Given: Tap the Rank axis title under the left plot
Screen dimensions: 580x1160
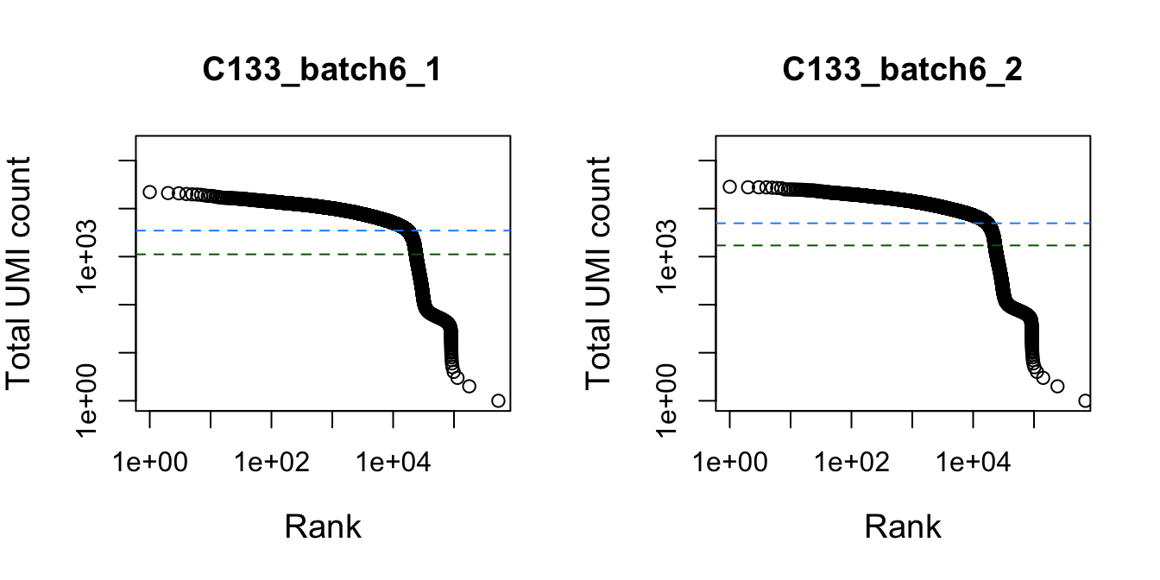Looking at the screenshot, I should point(322,526).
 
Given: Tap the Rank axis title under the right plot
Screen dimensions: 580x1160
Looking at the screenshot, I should point(902,526).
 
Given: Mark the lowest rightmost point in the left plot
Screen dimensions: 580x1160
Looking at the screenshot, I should point(498,400).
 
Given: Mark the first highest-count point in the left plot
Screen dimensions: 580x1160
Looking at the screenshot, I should point(149,192).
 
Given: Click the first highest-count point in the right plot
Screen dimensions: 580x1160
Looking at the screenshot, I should point(729,186).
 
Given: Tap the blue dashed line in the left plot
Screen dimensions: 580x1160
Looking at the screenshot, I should point(259,230).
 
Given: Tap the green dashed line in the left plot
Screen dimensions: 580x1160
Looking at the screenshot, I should point(259,255).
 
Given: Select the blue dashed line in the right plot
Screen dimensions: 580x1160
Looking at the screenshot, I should point(846,223).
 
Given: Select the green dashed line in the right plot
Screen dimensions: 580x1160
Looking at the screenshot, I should point(846,245).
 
